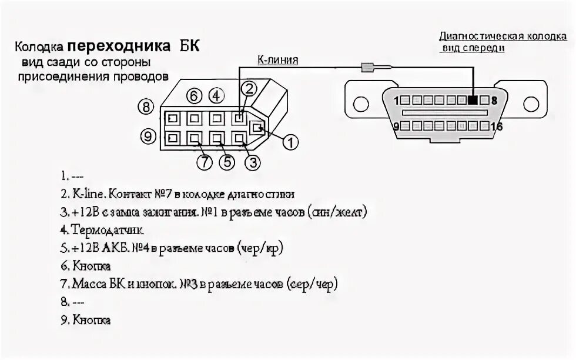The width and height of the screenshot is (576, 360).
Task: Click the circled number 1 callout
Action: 290,142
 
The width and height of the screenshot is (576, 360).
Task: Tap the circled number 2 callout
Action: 250,89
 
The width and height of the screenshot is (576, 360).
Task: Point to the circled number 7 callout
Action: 204,164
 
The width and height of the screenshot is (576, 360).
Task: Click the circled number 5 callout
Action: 227,164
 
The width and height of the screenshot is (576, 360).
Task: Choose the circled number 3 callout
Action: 252,164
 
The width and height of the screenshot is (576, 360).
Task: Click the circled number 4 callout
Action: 216,95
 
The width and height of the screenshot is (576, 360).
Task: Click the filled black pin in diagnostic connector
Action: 473,99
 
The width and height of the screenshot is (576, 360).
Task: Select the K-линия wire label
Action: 277,59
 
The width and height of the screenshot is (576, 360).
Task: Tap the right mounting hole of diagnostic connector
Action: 530,105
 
